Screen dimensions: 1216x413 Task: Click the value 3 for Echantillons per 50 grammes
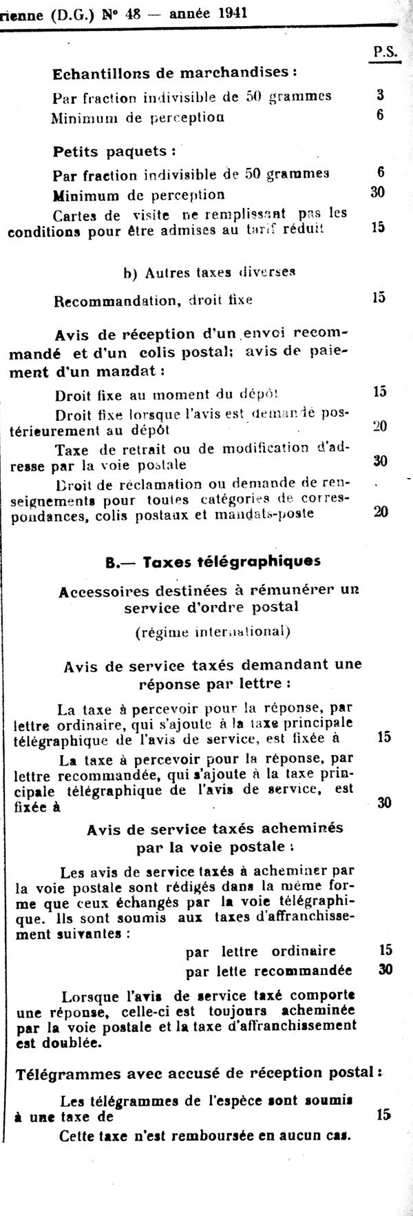coord(380,95)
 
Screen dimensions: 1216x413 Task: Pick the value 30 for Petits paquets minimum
coord(378,192)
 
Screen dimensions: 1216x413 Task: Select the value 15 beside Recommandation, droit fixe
coord(378,298)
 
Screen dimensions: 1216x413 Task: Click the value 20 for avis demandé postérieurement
coord(379,426)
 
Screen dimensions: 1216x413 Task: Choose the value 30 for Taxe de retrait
coord(379,461)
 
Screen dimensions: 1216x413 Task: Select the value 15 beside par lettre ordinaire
coord(385,950)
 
